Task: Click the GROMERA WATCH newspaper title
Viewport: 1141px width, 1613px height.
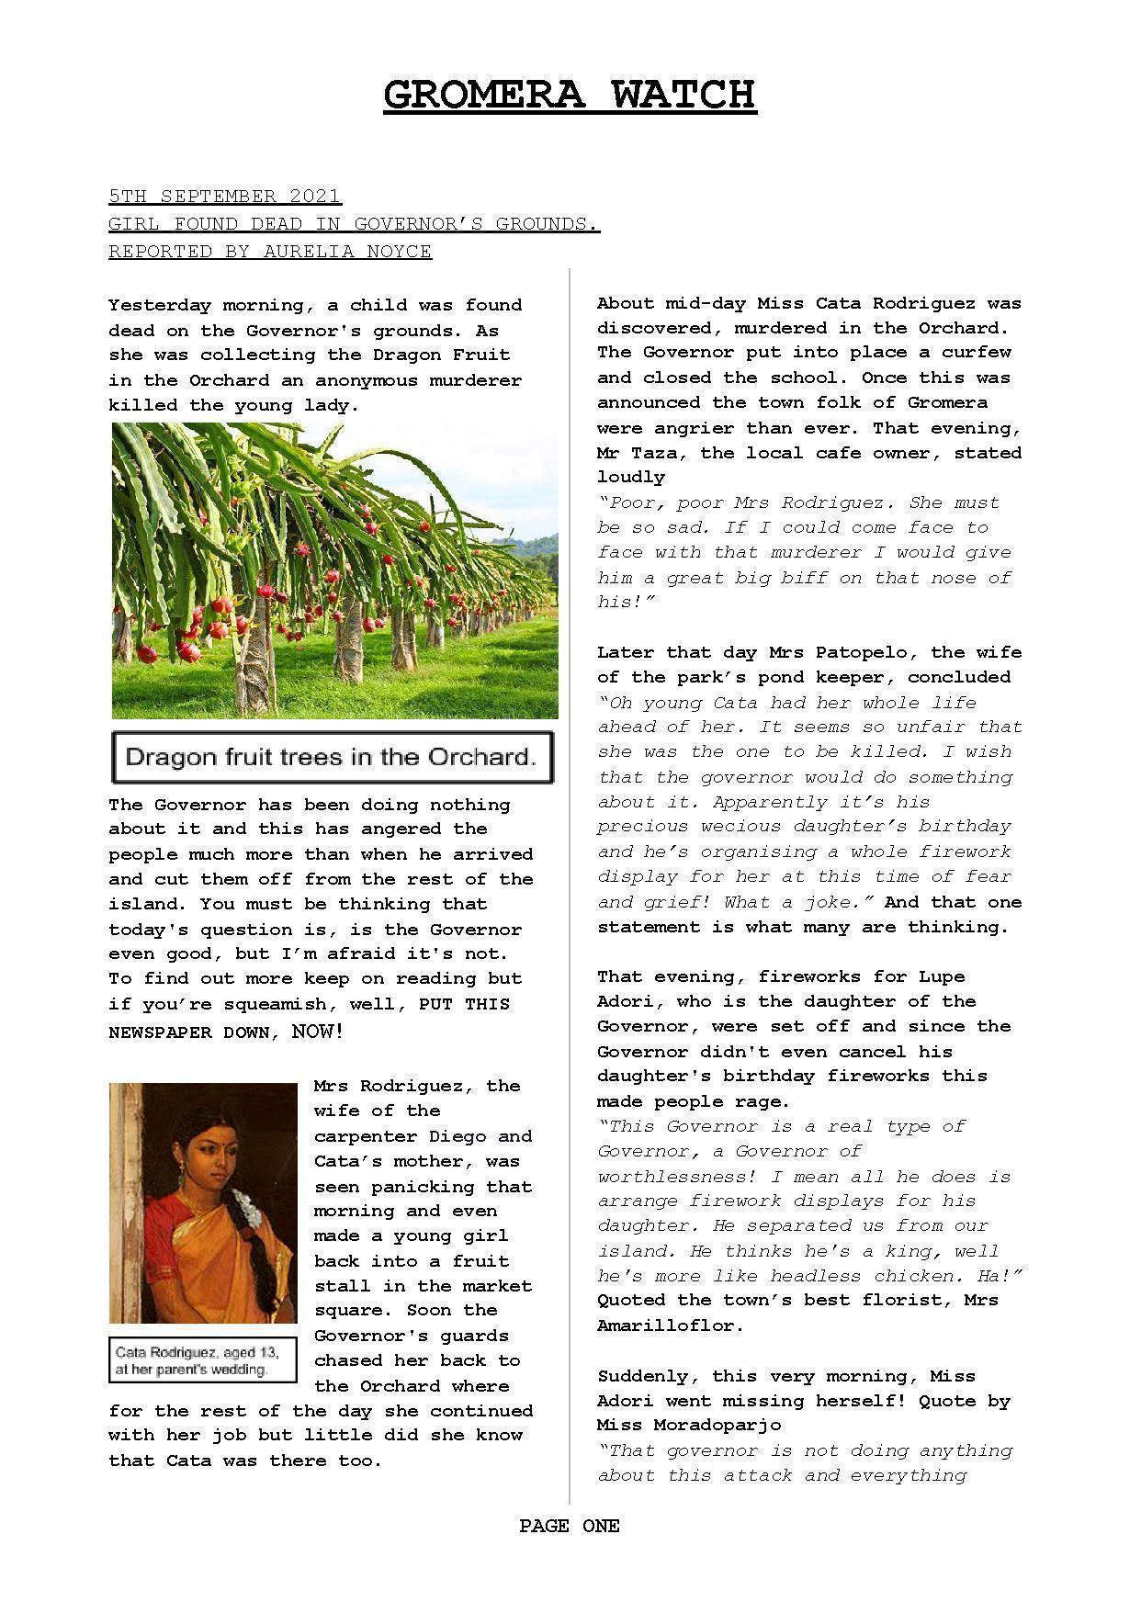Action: click(570, 95)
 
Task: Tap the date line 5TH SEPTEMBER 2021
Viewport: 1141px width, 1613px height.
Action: click(224, 196)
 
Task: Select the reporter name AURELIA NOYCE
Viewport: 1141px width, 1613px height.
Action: click(347, 251)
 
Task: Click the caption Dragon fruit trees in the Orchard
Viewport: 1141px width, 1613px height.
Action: click(331, 757)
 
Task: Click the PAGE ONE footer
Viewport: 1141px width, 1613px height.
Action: click(570, 1526)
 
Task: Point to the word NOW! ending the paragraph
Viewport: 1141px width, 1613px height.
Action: click(317, 1032)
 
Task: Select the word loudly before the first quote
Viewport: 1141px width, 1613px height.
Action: click(631, 478)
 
